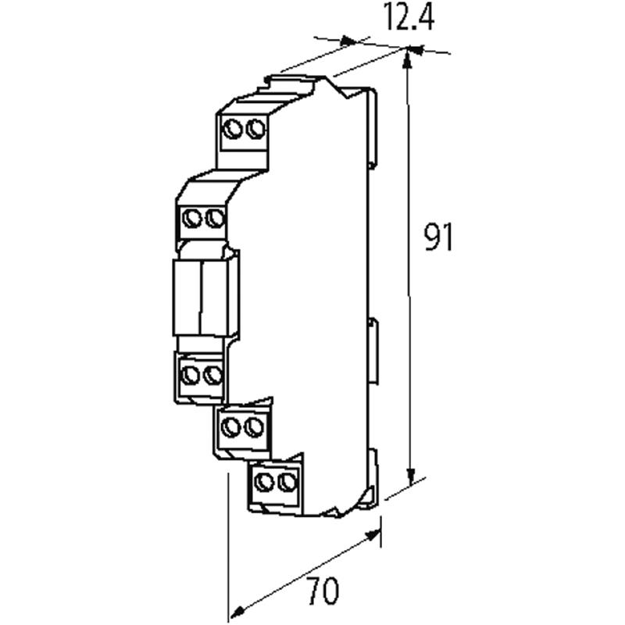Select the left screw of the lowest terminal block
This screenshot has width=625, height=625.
pyautogui.click(x=266, y=480)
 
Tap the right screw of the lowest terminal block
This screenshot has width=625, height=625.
pyautogui.click(x=287, y=480)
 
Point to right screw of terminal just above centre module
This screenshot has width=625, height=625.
pyautogui.click(x=213, y=217)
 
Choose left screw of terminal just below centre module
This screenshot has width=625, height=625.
pyautogui.click(x=190, y=375)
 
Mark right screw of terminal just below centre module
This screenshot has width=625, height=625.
pyautogui.click(x=210, y=375)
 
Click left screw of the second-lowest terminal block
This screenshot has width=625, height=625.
pyautogui.click(x=231, y=427)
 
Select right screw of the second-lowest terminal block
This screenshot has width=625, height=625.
pyautogui.click(x=252, y=427)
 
